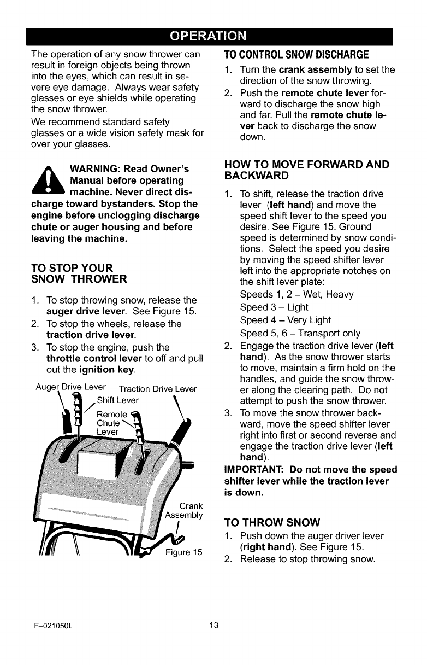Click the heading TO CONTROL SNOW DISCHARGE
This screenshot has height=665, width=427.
(x=296, y=55)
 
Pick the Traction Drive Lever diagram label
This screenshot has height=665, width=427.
(x=157, y=389)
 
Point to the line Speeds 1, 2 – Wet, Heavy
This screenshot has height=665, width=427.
(x=296, y=294)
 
